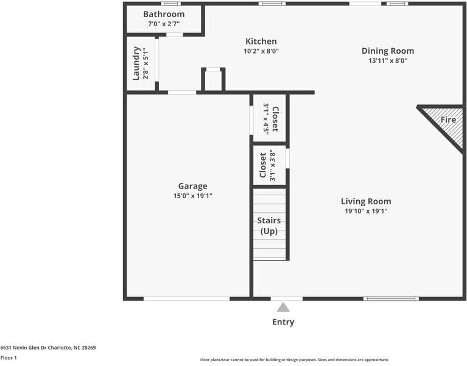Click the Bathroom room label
point(164,14)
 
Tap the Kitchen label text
point(261,41)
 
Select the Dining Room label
point(388,51)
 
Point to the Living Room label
point(366,201)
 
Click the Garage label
point(192,186)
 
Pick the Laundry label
point(137,63)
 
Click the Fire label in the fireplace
point(448,120)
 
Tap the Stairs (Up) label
point(269,226)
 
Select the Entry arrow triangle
point(283,307)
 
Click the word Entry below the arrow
point(283,322)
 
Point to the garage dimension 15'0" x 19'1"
point(192,196)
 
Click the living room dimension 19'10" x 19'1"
point(366,211)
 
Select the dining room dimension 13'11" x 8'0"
point(388,60)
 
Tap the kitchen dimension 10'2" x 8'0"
point(261,51)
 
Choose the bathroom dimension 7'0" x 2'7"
point(164,24)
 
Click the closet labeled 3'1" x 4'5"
point(270,119)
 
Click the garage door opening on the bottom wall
point(186,298)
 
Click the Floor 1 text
point(9,358)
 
